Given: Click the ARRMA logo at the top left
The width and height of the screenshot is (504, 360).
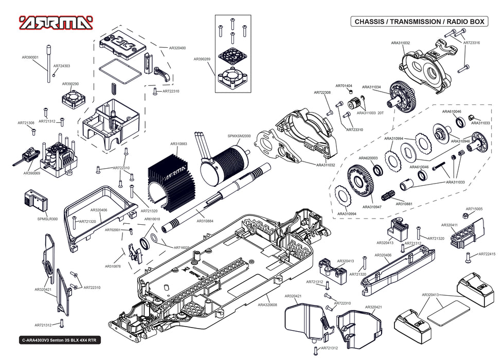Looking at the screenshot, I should (x=57, y=23).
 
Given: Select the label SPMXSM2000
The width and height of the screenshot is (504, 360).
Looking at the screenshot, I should (x=239, y=136).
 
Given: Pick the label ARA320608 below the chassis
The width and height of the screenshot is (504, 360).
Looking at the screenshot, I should (x=267, y=305).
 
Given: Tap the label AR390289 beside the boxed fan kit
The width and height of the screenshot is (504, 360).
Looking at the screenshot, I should (x=202, y=59).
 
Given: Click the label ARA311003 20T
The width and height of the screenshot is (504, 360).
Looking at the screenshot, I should (x=370, y=113).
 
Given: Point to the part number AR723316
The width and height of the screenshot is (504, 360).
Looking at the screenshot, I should (x=472, y=43).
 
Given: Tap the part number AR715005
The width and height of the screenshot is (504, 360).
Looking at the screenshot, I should (x=474, y=209).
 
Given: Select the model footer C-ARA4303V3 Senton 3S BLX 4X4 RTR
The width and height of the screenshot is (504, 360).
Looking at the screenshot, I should (x=59, y=340).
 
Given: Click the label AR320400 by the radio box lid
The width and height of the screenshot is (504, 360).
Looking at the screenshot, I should (x=177, y=48).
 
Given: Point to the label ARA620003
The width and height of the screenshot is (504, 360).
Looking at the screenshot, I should (x=368, y=158).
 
